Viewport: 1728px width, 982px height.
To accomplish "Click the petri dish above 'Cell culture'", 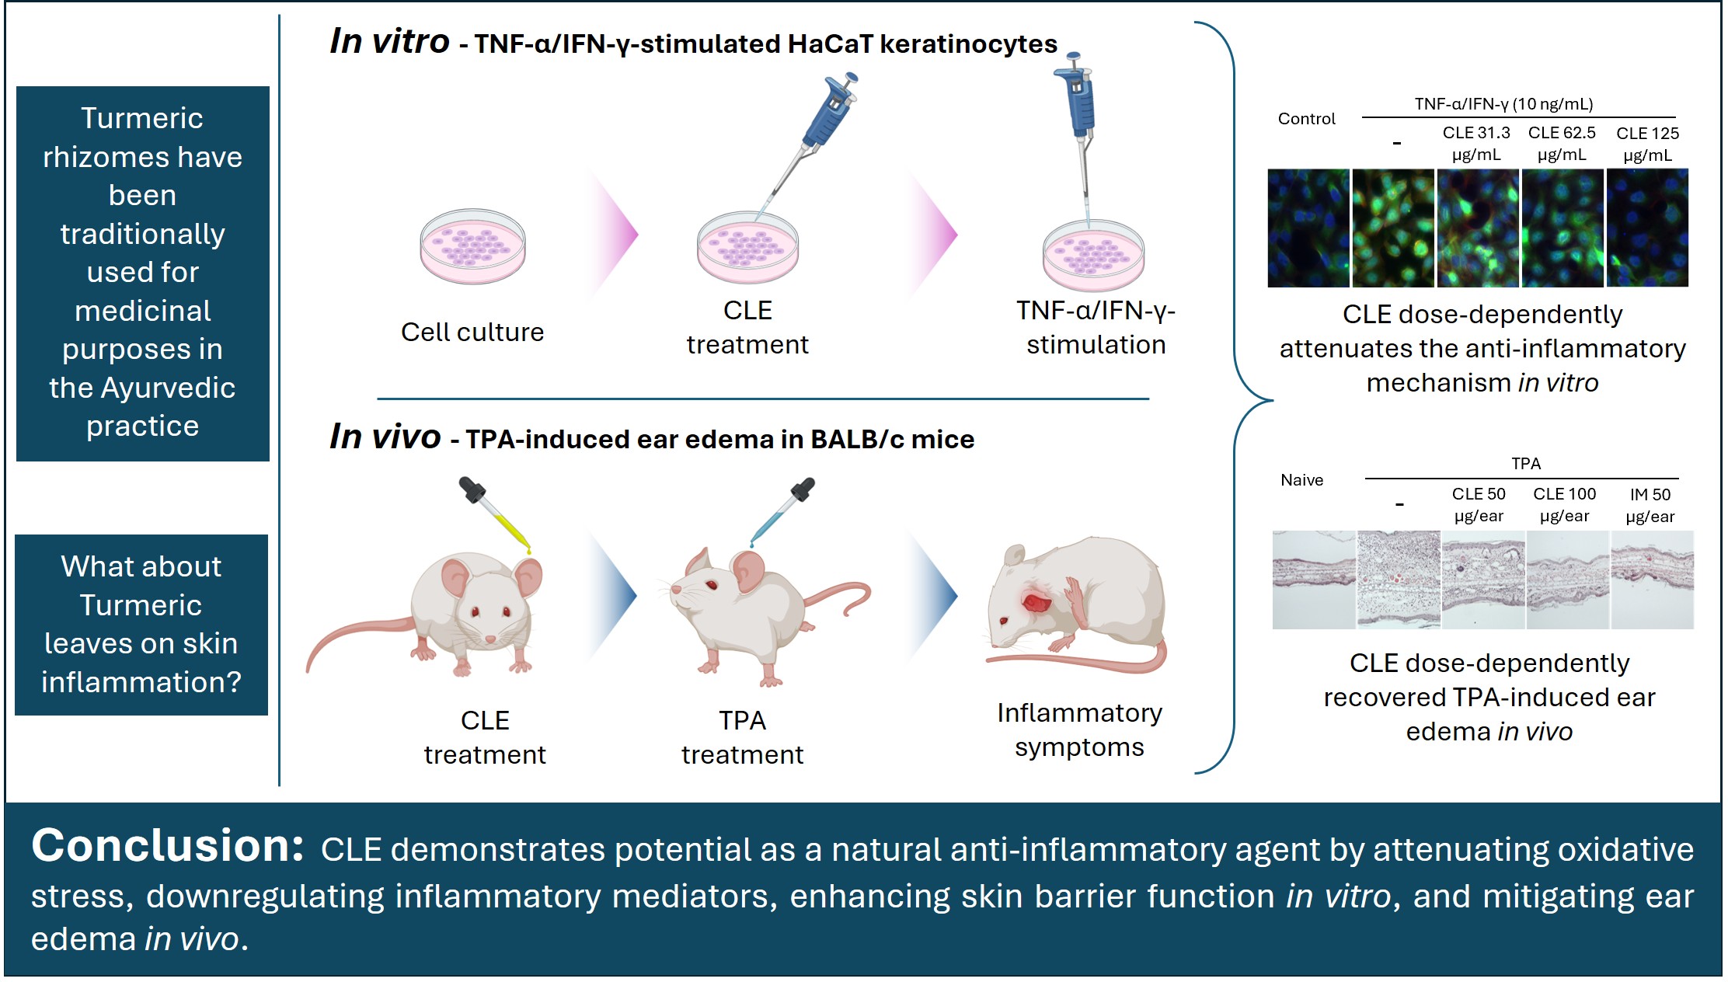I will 472,246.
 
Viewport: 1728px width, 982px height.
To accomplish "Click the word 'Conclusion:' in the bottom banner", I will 167,846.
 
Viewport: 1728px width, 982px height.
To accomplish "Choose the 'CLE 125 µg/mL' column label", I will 1647,144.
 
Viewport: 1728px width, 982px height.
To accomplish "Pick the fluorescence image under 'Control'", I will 1308,228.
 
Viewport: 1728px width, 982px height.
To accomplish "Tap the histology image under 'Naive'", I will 1313,580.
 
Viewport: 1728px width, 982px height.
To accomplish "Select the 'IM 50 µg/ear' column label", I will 1650,505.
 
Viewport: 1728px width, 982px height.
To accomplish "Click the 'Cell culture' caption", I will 472,333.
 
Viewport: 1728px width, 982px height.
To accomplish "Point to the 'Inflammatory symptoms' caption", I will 1079,730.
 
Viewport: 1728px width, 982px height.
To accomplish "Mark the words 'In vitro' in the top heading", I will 389,41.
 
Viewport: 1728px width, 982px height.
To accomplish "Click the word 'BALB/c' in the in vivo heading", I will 858,440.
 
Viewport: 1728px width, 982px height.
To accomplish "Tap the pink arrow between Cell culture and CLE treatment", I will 614,234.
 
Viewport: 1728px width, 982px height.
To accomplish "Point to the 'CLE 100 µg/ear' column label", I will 1564,505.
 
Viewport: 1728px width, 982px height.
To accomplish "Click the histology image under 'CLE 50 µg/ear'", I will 1482,580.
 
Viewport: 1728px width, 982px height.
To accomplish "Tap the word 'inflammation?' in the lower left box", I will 141,682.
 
